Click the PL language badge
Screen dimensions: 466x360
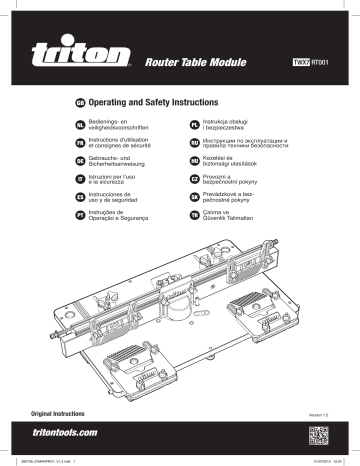tap(196, 125)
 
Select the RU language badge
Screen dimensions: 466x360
tap(196, 145)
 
